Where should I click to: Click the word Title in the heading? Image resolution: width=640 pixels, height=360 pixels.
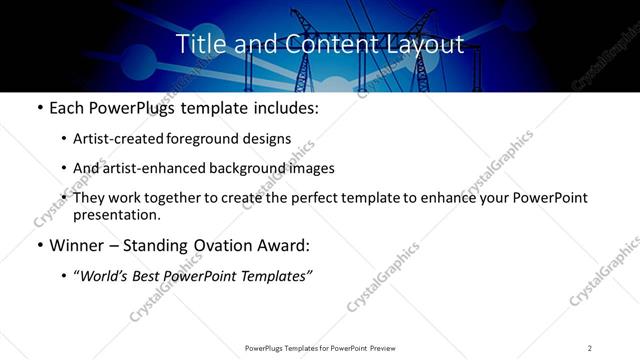[199, 45]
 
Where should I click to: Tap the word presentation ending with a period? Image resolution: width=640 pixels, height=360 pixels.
[117, 214]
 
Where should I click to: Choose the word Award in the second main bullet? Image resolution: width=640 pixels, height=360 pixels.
[286, 245]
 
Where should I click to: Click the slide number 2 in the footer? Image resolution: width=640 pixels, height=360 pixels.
[590, 348]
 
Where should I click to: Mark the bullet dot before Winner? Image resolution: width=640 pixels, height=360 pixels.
[38, 245]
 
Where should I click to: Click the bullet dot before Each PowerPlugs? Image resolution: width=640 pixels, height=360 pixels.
[38, 108]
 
